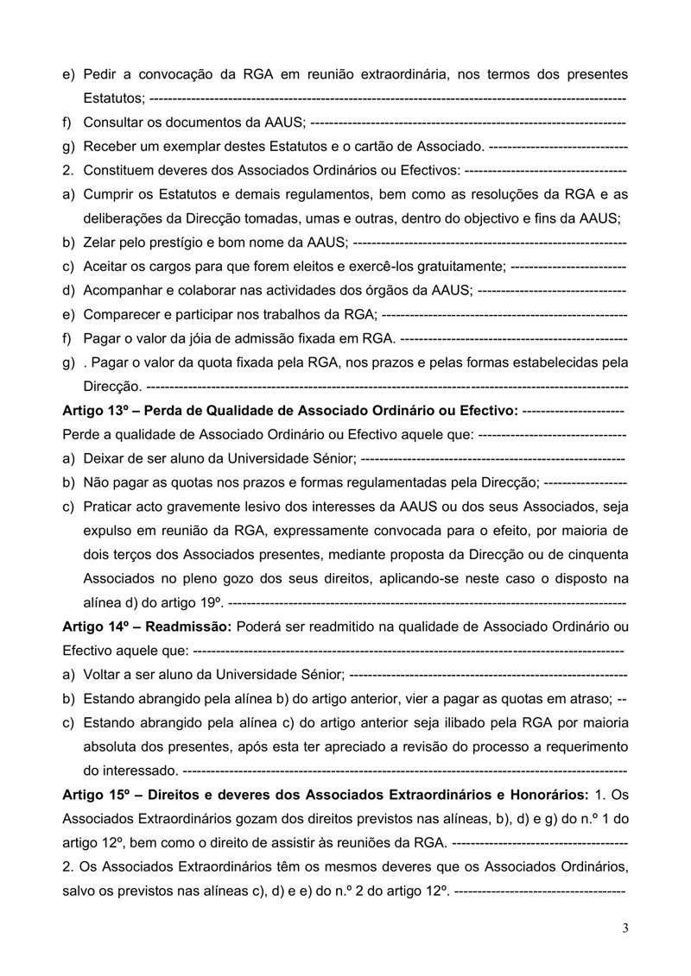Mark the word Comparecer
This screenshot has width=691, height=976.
tap(121, 315)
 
